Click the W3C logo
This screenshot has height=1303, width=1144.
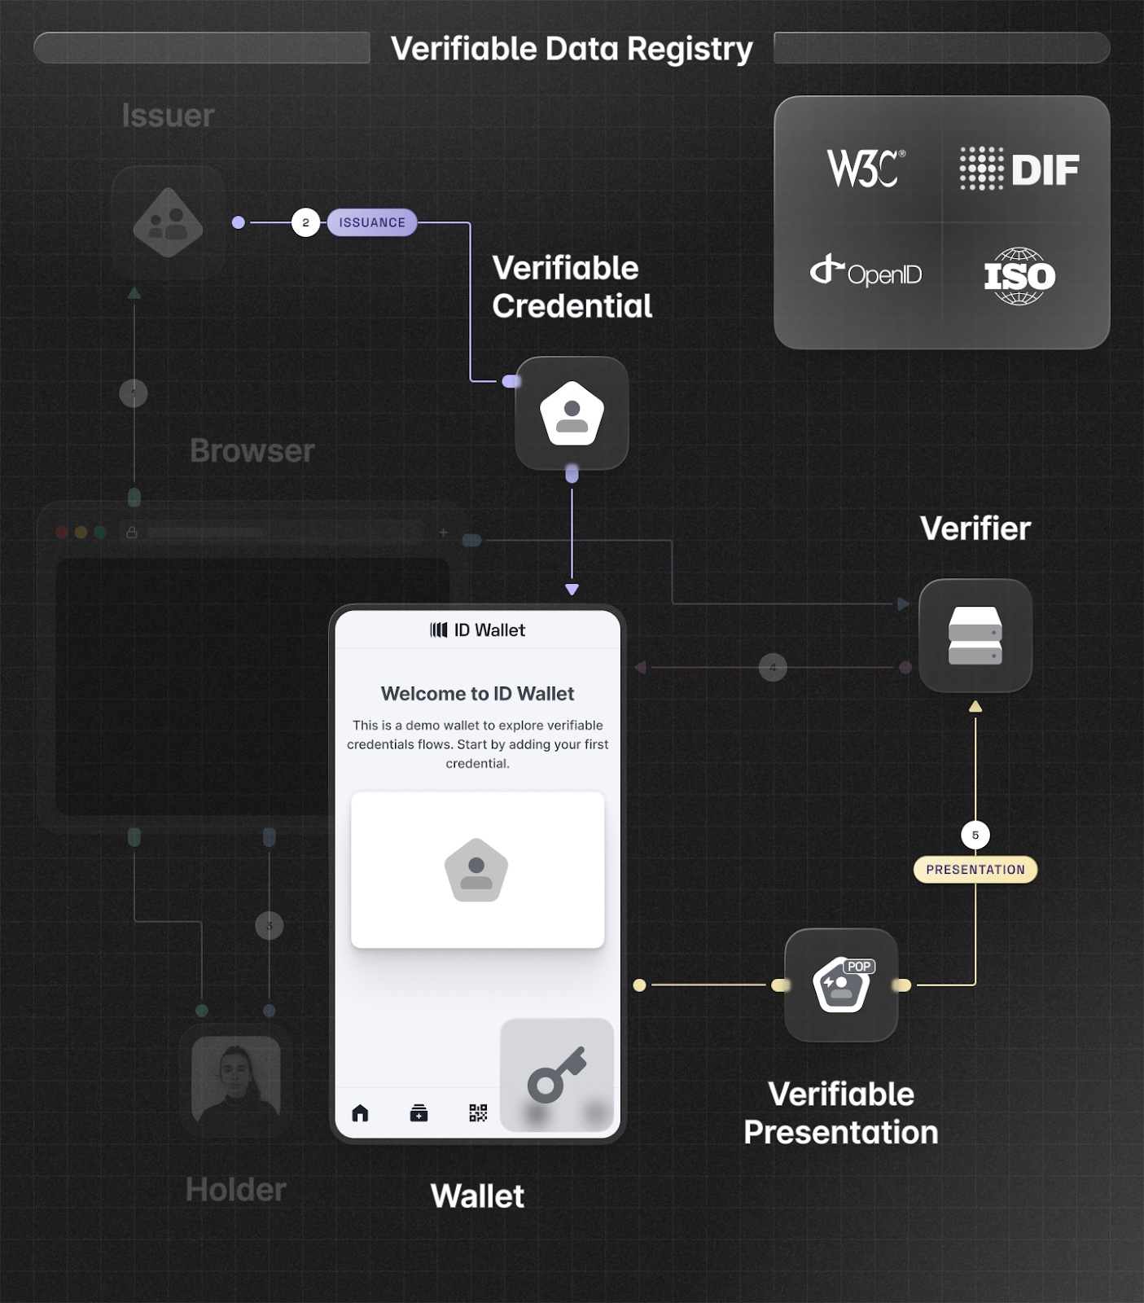(866, 169)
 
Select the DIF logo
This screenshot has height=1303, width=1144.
(1019, 169)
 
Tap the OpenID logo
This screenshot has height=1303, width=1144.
(866, 272)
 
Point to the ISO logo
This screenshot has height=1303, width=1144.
(1019, 276)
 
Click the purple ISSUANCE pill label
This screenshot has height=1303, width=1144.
(372, 222)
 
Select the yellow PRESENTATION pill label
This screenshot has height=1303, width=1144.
(975, 870)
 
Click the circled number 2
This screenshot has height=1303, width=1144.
(305, 222)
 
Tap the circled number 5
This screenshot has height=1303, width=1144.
(975, 835)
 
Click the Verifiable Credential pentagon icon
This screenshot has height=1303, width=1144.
(572, 413)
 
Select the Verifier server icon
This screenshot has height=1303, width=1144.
(975, 635)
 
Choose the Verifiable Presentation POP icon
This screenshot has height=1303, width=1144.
(841, 985)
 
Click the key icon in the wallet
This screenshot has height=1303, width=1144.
(556, 1074)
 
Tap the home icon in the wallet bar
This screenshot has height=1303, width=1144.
(360, 1112)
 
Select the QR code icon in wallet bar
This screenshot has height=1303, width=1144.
(478, 1112)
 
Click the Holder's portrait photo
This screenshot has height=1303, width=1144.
(235, 1079)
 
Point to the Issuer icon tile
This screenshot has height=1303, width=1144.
(168, 223)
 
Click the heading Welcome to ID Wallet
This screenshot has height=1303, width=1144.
(477, 694)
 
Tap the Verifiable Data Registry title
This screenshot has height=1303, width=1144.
(572, 49)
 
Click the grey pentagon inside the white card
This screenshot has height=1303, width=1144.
(476, 870)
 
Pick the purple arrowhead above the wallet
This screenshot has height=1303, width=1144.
(572, 589)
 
